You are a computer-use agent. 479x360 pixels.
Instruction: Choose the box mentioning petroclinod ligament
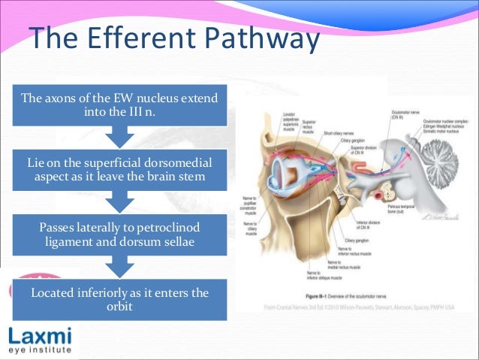[121, 233]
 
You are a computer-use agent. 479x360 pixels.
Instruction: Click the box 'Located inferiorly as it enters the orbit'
[120, 298]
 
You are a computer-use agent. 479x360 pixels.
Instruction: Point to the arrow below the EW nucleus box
[121, 138]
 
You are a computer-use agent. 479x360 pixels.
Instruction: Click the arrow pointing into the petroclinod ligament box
[121, 201]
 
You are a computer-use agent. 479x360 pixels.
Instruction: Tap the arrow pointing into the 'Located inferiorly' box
[121, 265]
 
